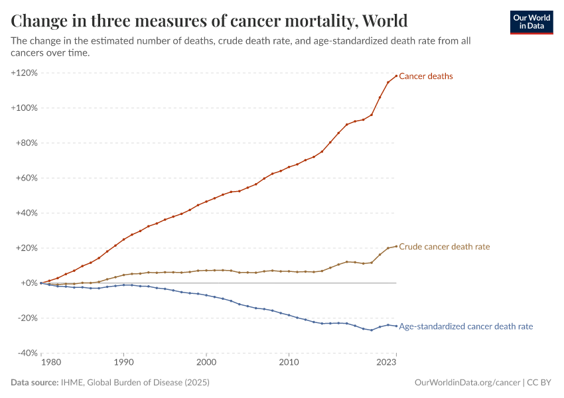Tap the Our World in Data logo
[531, 22]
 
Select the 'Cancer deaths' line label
[425, 76]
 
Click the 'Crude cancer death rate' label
[444, 247]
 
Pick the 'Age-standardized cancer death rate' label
[466, 326]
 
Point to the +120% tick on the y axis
[24, 72]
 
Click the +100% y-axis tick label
[24, 107]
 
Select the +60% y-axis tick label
[25, 178]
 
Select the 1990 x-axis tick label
[123, 363]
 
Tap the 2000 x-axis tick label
[206, 363]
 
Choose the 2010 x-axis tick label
[289, 363]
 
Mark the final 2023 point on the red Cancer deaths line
[396, 76]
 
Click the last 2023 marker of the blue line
[396, 326]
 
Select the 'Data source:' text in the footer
[34, 383]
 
